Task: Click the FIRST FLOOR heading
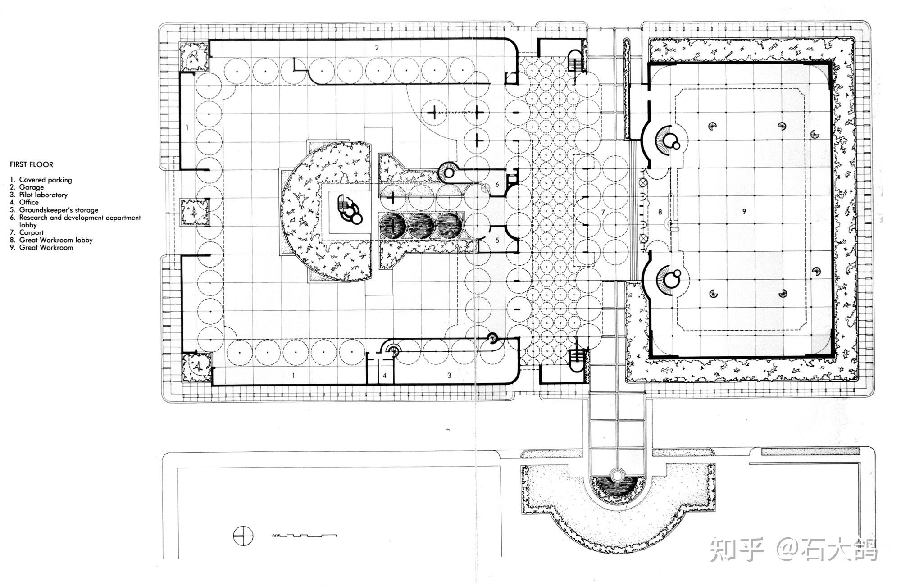point(32,164)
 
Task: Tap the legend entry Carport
point(27,233)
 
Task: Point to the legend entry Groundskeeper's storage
point(54,210)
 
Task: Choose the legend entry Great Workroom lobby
point(51,240)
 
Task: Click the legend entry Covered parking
point(41,180)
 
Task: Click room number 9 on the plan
point(744,211)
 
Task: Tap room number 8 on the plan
point(660,211)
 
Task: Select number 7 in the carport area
point(602,211)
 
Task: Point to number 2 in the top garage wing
point(377,47)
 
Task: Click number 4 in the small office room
point(385,375)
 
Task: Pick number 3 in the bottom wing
point(449,375)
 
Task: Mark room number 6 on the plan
point(497,184)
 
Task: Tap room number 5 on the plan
point(497,241)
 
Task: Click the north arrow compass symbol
point(243,536)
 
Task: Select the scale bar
point(305,535)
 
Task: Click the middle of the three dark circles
point(421,225)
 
